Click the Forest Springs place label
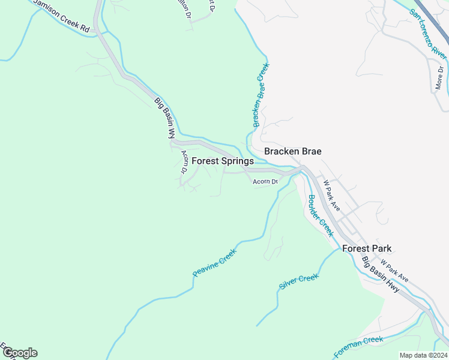[x=222, y=161]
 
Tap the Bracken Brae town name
[x=293, y=151]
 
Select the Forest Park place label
[x=367, y=248]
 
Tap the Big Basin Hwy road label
[x=381, y=275]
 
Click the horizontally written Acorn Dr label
[x=265, y=181]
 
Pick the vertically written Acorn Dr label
[x=184, y=161]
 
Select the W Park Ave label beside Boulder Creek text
[x=331, y=195]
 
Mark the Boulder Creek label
[x=320, y=215]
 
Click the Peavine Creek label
[x=215, y=263]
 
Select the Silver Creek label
[x=298, y=282]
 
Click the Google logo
[x=20, y=353]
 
